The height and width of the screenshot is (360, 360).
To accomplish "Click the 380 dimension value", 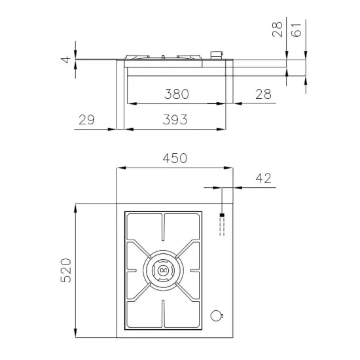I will pos(177,94).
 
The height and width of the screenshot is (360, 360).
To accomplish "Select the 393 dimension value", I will pos(175,120).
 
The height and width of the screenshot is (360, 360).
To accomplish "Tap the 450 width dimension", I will pos(175,158).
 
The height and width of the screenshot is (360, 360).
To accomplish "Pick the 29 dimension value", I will pos(86,120).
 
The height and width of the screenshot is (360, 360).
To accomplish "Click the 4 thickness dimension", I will pos(65,60).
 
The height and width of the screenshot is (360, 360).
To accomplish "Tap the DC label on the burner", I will pos(164,269).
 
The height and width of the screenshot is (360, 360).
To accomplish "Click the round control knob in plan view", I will pos(216,316).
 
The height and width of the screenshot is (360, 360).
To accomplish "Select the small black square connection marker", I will pos(222,215).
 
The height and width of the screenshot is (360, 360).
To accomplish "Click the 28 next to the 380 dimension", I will pos(263,94).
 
